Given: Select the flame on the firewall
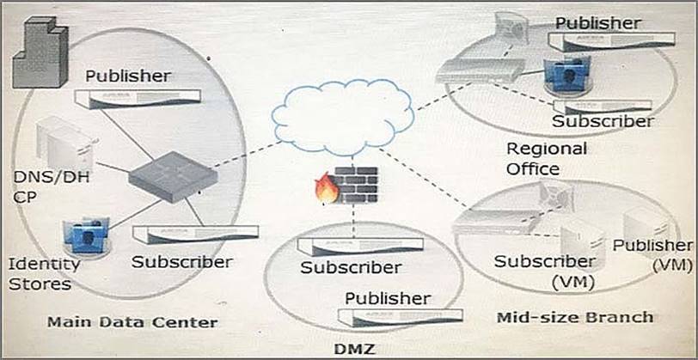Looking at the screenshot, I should pos(328,190).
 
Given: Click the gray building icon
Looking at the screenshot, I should pos(40,53).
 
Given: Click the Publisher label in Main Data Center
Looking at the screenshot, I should pos(127,76).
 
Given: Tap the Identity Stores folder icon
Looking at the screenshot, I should pos(86,235).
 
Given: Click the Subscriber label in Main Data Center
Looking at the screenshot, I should pos(181,261).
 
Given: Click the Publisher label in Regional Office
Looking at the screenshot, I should pos(597,21).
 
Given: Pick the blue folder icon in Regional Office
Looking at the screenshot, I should pos(567,75).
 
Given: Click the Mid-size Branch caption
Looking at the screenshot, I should pos(574,316).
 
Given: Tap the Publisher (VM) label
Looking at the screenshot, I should pos(652,255).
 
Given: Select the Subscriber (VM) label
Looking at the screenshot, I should pos(543,270).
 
